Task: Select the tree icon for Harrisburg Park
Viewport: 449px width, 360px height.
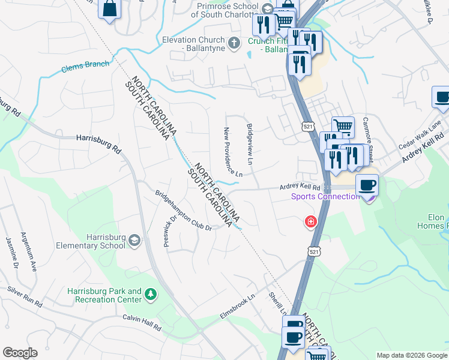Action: coord(151,294)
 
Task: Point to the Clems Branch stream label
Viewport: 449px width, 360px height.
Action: coord(86,67)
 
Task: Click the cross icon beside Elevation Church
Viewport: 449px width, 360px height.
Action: coord(235,42)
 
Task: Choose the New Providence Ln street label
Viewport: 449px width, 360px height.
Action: coord(234,152)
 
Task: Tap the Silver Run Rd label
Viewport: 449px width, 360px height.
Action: coord(25,296)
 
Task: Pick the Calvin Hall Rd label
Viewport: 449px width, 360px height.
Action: coord(142,322)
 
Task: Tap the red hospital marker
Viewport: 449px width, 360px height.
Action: coord(310,223)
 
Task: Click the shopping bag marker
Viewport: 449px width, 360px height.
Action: coord(110,8)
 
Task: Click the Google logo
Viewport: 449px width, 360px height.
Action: coord(20,353)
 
